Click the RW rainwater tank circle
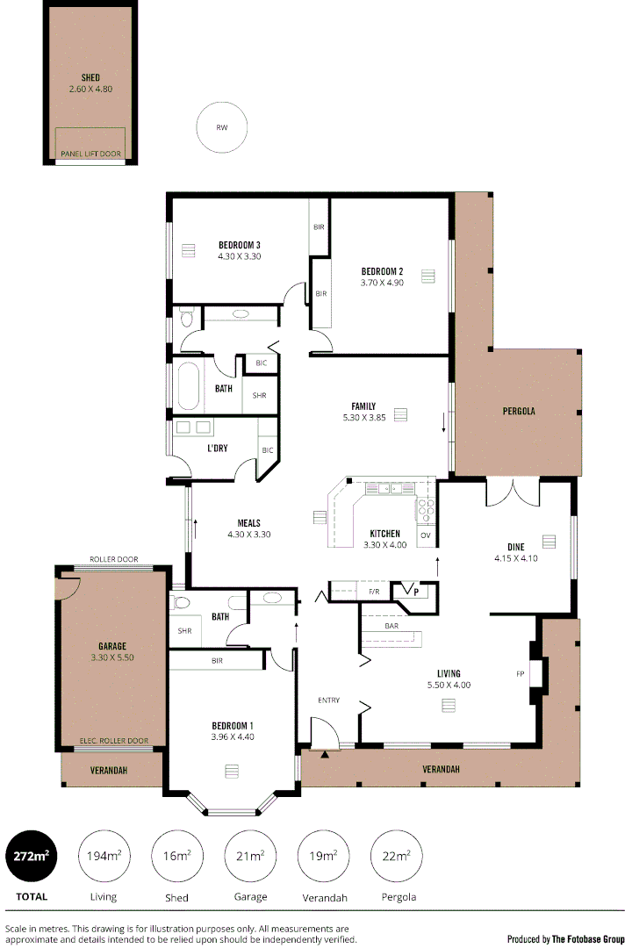tap(222, 127)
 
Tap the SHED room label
tap(90, 78)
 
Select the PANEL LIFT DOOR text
tap(90, 154)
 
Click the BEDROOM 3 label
tap(240, 245)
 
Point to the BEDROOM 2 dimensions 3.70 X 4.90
tap(382, 283)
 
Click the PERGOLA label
tap(519, 411)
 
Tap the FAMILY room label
tap(363, 406)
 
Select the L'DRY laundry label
tap(218, 449)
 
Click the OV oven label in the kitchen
tap(426, 535)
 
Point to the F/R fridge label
tap(373, 592)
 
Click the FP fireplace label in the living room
tap(521, 674)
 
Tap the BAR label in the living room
tap(392, 627)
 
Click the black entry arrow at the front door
tap(326, 753)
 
